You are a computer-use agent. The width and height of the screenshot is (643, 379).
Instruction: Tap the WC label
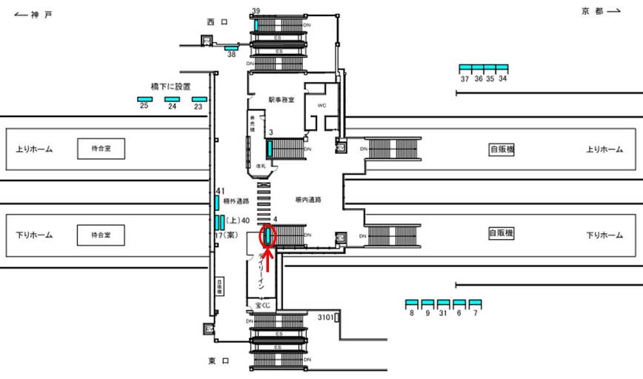[x=321, y=106]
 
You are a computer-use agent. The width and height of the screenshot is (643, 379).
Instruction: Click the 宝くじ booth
[x=264, y=304]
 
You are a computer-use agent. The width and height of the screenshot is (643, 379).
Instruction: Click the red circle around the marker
[x=267, y=236]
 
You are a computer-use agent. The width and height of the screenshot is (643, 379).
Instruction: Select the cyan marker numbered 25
[x=144, y=99]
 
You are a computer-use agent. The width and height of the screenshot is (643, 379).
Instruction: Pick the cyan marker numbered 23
[x=199, y=99]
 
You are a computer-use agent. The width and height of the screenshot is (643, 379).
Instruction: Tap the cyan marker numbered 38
[x=231, y=48]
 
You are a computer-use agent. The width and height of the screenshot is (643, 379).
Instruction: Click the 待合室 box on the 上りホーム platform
[x=100, y=150]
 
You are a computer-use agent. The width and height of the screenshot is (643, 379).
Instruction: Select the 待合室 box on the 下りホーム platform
[x=100, y=235]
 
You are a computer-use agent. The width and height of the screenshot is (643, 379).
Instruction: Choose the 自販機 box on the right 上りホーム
[x=502, y=150]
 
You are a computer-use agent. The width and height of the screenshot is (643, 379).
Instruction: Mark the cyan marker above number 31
[x=443, y=303]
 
